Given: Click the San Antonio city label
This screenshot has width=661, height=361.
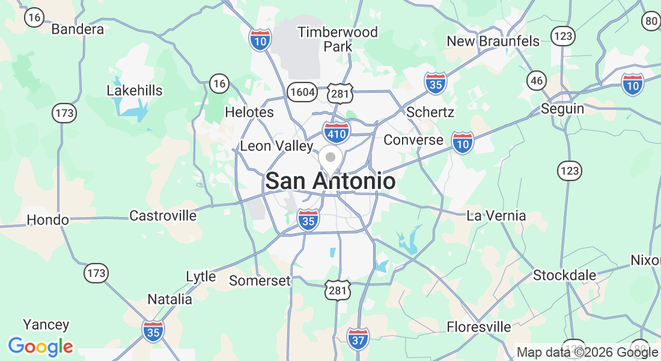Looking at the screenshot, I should pyautogui.click(x=330, y=181).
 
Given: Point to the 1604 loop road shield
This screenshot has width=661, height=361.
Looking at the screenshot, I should pyautogui.click(x=301, y=92).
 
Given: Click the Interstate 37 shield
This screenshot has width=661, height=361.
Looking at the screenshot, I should pyautogui.click(x=358, y=339).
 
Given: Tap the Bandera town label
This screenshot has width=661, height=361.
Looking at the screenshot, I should pyautogui.click(x=78, y=29).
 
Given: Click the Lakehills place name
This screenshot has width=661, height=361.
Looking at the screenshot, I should pyautogui.click(x=135, y=90).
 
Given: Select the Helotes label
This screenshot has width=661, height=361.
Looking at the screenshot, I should pyautogui.click(x=249, y=112).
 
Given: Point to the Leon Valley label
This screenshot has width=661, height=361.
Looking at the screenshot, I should pyautogui.click(x=276, y=146).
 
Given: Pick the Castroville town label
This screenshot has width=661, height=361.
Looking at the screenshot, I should pyautogui.click(x=163, y=215).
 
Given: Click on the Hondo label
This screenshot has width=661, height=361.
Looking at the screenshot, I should pyautogui.click(x=48, y=220).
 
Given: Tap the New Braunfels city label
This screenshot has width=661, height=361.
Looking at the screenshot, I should pyautogui.click(x=493, y=41).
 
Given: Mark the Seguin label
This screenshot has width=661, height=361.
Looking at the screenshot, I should pyautogui.click(x=562, y=108).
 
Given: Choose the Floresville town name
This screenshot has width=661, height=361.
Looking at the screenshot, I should pyautogui.click(x=479, y=327).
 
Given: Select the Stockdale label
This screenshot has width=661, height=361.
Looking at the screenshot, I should pyautogui.click(x=565, y=276).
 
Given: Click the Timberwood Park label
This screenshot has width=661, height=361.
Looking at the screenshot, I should pyautogui.click(x=338, y=39).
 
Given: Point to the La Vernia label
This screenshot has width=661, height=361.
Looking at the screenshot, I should pyautogui.click(x=496, y=215).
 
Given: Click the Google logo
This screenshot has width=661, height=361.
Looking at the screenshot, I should pyautogui.click(x=40, y=347).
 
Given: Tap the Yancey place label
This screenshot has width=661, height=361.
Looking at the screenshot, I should pyautogui.click(x=46, y=325).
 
